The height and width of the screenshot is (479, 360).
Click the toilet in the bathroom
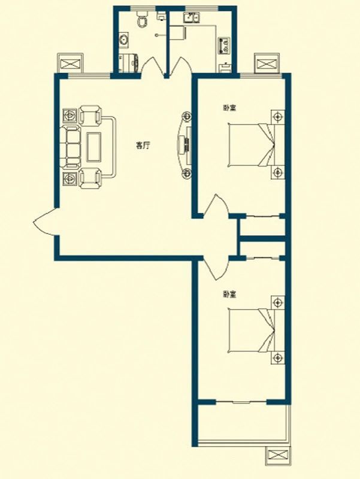tap(141, 19)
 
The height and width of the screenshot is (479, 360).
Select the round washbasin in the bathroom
tap(124, 40)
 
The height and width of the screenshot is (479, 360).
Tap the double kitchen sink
tap(192, 18)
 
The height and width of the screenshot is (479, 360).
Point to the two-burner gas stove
tap(224, 46)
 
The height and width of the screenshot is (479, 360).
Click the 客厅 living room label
tap(143, 145)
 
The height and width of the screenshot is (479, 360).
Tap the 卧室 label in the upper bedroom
tap(229, 108)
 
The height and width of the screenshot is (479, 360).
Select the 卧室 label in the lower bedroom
tap(229, 295)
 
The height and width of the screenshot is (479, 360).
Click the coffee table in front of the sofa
tap(94, 147)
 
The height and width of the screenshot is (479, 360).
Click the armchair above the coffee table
tap(90, 115)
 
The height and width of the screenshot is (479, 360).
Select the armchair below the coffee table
tap(90, 178)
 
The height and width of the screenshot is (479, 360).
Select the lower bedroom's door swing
tap(216, 268)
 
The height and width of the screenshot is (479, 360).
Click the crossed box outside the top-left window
tap(71, 64)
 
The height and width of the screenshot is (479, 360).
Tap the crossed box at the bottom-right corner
tap(278, 457)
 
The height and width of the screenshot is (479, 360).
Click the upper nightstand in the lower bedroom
tap(277, 302)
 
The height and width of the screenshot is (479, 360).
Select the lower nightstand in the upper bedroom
tap(277, 172)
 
